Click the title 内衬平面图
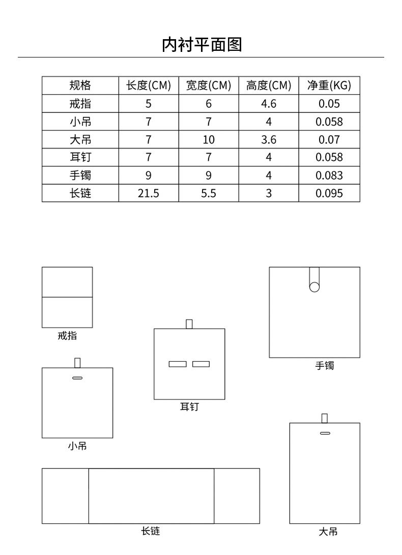(x=201, y=45)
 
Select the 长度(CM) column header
(x=149, y=85)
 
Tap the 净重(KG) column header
(x=329, y=85)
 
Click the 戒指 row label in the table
(x=80, y=104)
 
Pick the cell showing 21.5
(x=149, y=193)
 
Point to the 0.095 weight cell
(x=329, y=193)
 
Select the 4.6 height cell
(x=268, y=104)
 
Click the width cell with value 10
(x=209, y=140)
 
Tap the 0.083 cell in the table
(x=329, y=176)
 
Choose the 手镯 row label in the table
(x=80, y=176)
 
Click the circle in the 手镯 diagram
(x=314, y=287)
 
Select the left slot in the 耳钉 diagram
(x=178, y=364)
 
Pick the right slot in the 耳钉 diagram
(x=201, y=364)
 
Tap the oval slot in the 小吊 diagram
(x=77, y=378)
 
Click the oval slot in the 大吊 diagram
(x=325, y=433)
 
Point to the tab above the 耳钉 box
(x=189, y=324)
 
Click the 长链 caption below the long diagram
(x=150, y=531)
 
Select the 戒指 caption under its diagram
(x=67, y=336)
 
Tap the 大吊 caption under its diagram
(x=328, y=532)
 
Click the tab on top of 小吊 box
(x=77, y=363)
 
